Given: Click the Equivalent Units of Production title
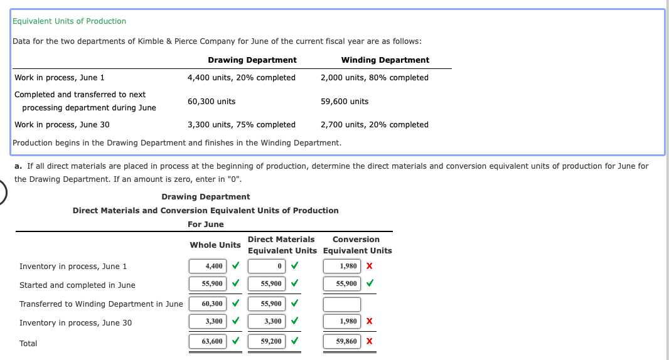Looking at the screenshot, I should point(69,21).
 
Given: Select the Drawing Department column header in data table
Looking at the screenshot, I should point(252,60).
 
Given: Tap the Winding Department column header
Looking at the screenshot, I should point(385,60).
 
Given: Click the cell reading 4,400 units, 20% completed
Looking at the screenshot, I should point(241,78).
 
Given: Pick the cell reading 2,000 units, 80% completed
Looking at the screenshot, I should point(374,78).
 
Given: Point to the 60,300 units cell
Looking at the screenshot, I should point(211,102).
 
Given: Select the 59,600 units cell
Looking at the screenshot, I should point(345,102).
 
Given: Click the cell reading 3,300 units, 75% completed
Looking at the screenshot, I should point(241,125).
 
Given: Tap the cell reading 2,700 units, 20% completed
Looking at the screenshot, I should point(374,125).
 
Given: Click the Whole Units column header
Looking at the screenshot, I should point(215,245).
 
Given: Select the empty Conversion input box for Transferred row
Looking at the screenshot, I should point(342,304).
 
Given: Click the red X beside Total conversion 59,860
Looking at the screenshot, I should point(370,342).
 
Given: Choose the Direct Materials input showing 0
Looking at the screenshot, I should point(267,267).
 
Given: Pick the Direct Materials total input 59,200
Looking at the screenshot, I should point(267,342).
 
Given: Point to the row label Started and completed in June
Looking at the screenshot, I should point(77,285).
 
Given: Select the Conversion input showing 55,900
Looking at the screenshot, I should point(342,284).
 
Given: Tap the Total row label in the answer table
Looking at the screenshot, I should point(28,344).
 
